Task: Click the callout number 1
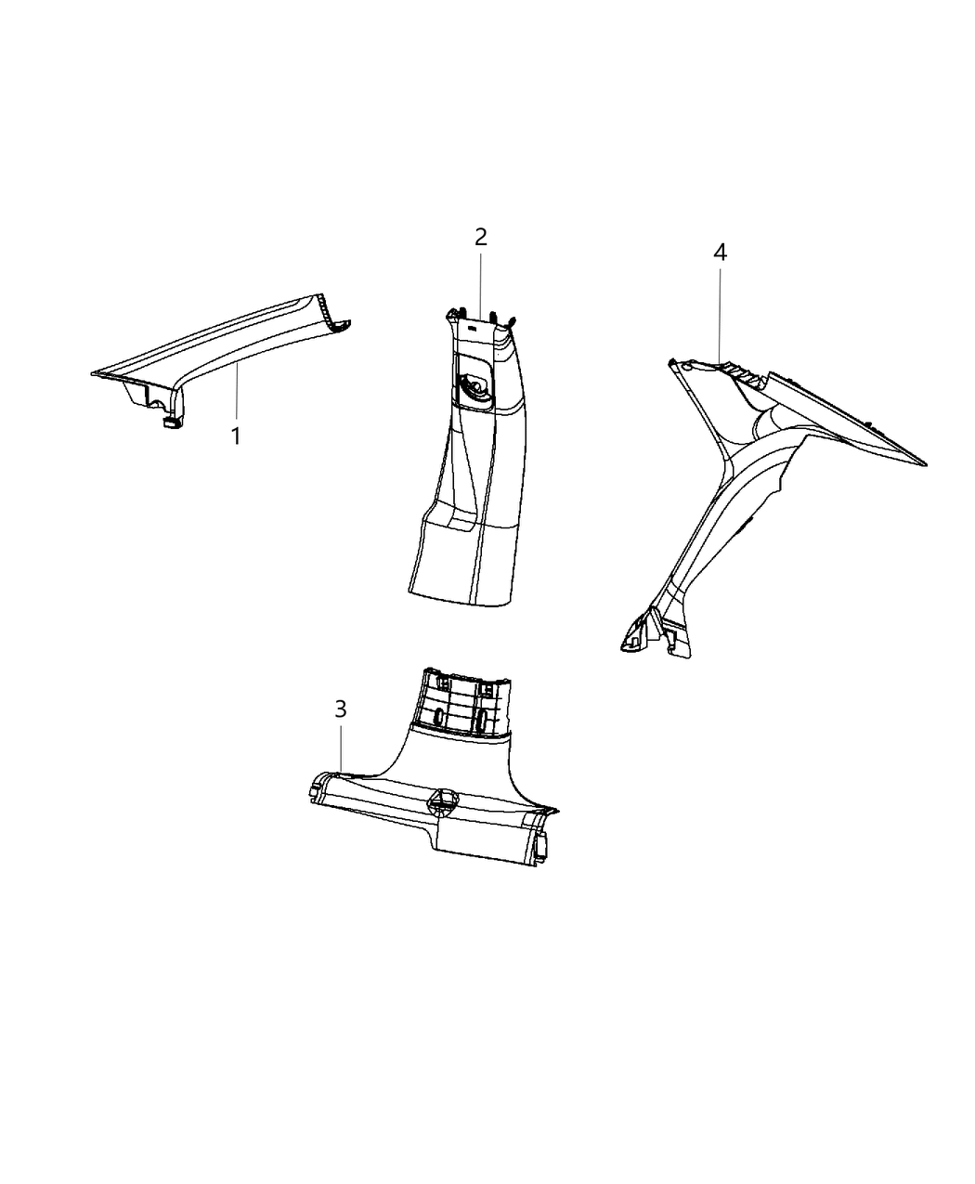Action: (x=236, y=436)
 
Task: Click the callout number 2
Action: (x=480, y=237)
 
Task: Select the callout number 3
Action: (x=341, y=709)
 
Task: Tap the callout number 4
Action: (x=720, y=252)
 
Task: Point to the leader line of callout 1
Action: (x=237, y=394)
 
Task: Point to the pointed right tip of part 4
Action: (x=925, y=462)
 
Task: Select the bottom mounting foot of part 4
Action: (x=641, y=639)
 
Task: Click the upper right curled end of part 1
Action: (x=340, y=324)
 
